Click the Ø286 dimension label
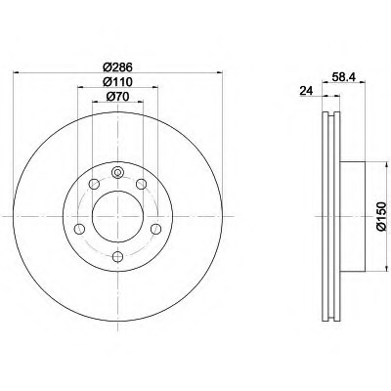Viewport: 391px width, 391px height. pos(117,67)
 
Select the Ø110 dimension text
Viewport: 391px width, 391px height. pos(117,82)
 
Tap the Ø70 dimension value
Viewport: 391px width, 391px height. pos(117,97)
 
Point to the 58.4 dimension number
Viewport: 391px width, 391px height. pos(344,77)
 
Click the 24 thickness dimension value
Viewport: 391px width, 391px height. pos(306,91)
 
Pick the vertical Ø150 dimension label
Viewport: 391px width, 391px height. pos(381,216)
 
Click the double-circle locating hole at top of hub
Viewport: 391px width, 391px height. pos(117,172)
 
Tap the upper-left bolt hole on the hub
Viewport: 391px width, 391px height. pos(94,184)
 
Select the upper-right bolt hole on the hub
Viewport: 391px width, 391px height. pos(141,184)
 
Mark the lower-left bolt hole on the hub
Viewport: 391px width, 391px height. pos(79,229)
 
